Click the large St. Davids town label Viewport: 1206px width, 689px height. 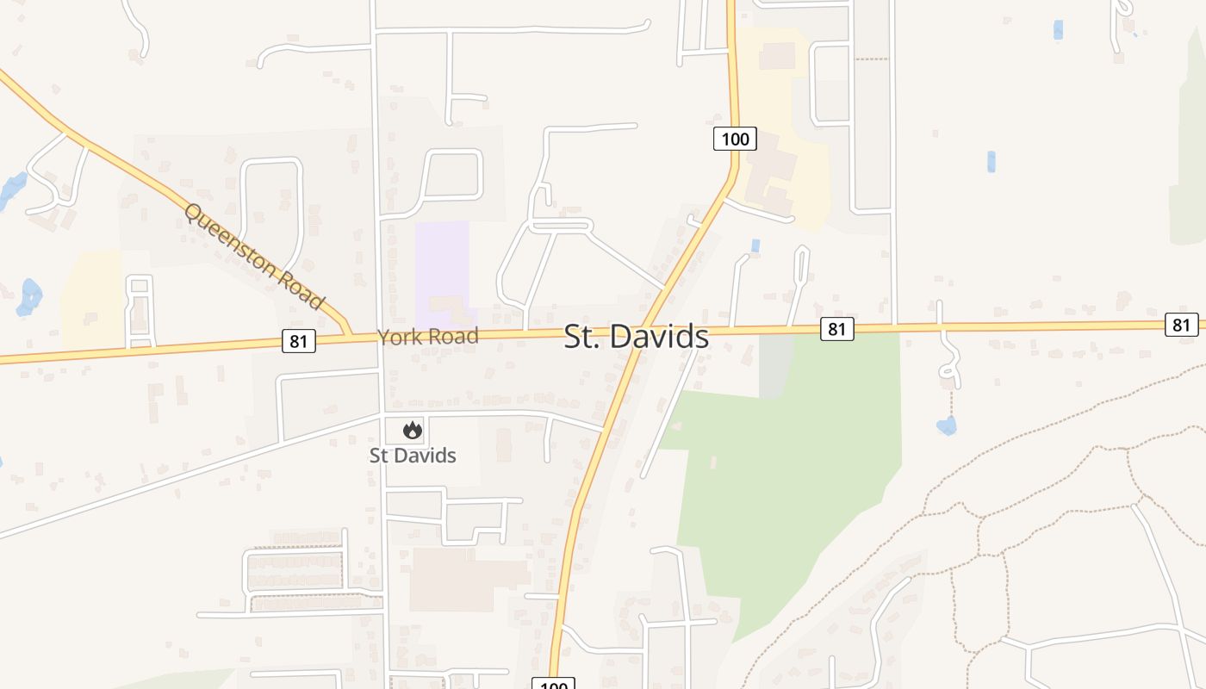637,337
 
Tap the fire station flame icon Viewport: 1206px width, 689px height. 413,430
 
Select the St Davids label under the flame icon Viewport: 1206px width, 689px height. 413,456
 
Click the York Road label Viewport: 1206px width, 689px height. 428,337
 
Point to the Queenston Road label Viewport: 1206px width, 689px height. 254,257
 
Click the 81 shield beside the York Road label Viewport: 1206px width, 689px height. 298,341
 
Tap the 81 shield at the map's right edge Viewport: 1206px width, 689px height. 1181,325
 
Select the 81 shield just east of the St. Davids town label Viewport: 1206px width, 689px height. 836,328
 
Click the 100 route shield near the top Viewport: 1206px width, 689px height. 735,139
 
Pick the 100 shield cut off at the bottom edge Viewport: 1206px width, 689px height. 552,684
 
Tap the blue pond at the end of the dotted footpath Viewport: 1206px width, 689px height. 947,425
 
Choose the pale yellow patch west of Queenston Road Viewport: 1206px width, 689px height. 93,293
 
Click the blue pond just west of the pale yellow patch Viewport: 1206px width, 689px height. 30,295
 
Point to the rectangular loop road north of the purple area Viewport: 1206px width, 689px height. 451,176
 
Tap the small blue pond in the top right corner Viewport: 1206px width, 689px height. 1058,30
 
